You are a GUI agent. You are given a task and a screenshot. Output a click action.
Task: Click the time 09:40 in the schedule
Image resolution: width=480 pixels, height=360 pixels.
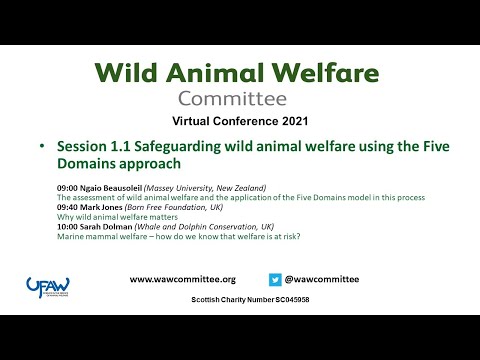(x=70, y=207)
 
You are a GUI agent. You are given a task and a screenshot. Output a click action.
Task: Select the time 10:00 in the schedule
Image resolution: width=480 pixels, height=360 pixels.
(x=70, y=226)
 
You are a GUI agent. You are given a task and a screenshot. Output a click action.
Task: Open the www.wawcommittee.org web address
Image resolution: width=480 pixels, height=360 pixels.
(x=183, y=280)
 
